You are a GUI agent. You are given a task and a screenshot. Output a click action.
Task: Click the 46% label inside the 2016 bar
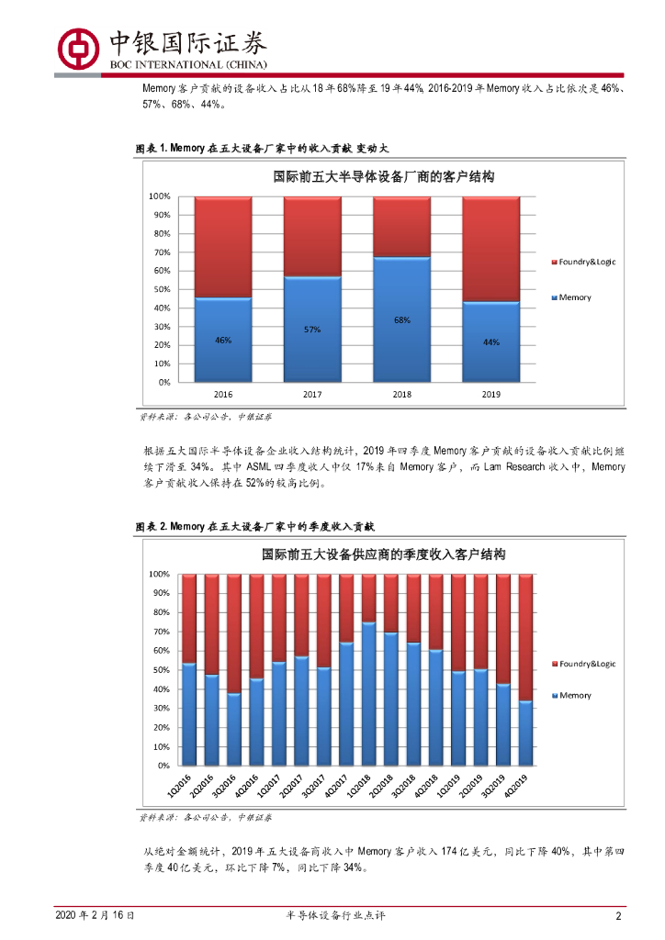click(x=223, y=341)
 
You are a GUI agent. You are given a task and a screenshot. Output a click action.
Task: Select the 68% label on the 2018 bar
click(x=401, y=320)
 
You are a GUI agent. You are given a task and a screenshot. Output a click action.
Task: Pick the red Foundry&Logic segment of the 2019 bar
click(x=490, y=248)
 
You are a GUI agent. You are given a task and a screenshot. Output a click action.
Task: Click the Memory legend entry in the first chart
click(x=573, y=297)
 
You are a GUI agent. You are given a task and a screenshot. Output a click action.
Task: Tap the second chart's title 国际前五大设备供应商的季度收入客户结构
click(x=384, y=554)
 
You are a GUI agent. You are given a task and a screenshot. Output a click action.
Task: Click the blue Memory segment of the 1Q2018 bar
click(x=368, y=693)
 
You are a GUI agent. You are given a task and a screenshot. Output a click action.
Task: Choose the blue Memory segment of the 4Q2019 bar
click(x=525, y=733)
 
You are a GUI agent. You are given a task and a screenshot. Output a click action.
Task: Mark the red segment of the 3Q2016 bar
click(x=234, y=633)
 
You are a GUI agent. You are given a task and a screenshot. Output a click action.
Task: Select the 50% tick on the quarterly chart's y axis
click(x=159, y=669)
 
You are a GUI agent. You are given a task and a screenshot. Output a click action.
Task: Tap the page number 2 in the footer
click(x=619, y=916)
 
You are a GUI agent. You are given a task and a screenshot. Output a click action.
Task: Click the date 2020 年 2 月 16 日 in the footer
click(x=95, y=916)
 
